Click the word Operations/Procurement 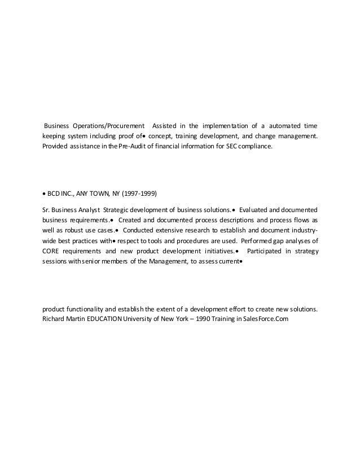click(x=108, y=125)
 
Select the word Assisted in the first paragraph click(x=165, y=125)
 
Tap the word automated click(x=282, y=125)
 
